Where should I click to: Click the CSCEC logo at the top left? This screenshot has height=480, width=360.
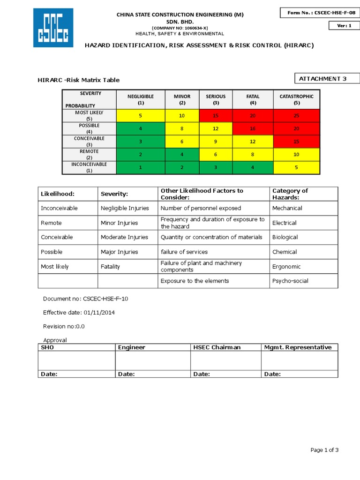point(53,28)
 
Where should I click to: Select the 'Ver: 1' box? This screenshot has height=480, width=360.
point(344,26)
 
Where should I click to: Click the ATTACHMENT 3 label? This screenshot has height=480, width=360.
point(326,79)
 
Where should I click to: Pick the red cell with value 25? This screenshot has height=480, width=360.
point(296,115)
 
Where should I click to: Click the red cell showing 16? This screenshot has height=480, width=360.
point(253,128)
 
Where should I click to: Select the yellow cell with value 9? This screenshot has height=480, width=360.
point(216,142)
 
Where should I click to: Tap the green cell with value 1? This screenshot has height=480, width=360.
point(141,167)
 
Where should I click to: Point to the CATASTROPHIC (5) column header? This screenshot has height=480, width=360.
point(296,99)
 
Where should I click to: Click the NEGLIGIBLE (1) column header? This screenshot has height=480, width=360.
point(141,99)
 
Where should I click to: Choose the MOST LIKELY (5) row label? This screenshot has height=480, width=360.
point(89,115)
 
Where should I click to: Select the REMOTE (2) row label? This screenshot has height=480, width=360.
point(89,154)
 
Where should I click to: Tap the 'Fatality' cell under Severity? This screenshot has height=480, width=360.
point(111,266)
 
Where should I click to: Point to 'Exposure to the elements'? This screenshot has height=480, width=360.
point(195,281)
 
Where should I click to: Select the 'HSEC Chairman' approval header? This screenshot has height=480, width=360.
point(217,347)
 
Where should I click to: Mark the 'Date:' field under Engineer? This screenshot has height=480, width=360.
point(127,374)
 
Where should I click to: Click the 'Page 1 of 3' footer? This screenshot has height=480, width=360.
point(324,450)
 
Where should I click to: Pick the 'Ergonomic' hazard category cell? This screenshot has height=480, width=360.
point(286,266)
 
